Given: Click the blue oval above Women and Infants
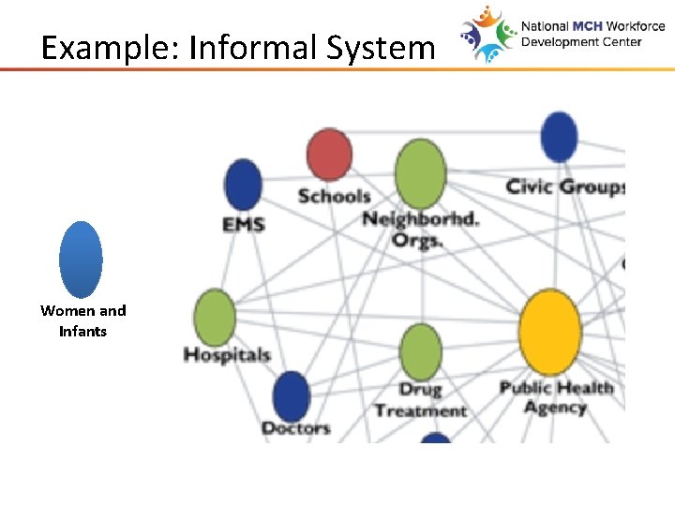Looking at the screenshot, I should coord(81,260).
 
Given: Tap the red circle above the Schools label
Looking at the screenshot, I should coord(329,155).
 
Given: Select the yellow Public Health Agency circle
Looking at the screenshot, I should coord(550,332).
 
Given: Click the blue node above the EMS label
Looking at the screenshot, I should coord(244,184).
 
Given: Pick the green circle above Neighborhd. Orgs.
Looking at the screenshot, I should coord(420,173).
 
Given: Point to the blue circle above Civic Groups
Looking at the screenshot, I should coord(559,138).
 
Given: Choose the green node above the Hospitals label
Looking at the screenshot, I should coord(215,317).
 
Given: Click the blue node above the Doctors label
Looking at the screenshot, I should coord(291,396).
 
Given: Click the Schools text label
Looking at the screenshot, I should coord(334,196).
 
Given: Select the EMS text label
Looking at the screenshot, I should coord(244,224).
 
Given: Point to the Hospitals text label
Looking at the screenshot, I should coord(227,355).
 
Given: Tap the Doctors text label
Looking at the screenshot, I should coord(295,428).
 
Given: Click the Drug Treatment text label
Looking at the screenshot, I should coord(420,399).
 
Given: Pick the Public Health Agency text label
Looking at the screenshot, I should coord(556,397).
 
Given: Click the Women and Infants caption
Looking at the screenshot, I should coord(82,320).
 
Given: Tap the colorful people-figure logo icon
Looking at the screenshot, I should coord(488,35).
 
